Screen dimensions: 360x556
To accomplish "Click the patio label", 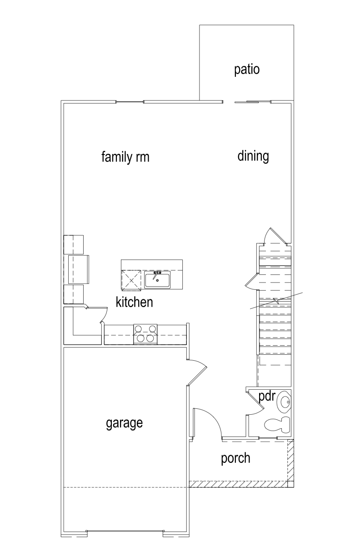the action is click(247, 70).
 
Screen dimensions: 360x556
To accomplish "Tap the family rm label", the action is click(125, 157).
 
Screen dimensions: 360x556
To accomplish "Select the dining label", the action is click(253, 156).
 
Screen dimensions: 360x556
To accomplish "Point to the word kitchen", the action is click(134, 302).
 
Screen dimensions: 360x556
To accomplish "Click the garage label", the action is click(124, 423).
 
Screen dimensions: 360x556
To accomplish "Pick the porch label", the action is click(235, 458).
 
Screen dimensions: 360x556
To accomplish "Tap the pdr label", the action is click(267, 397).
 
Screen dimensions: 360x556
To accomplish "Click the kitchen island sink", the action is click(157, 279).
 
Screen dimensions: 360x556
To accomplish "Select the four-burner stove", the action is click(145, 334).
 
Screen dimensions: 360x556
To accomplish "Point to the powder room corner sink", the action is click(285, 401).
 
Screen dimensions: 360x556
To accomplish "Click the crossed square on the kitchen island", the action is click(131, 280).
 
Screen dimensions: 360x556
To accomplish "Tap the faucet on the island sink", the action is click(157, 274).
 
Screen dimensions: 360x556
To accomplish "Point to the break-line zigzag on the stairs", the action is click(276, 301).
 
